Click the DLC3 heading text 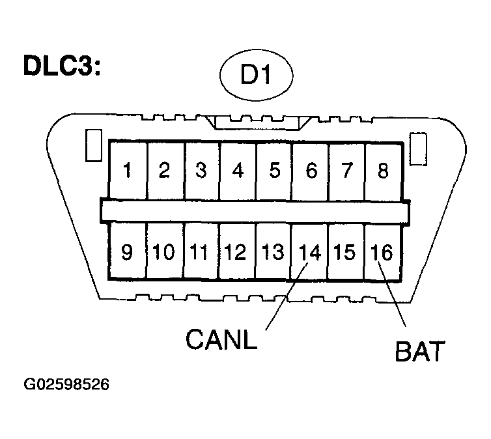coord(62,65)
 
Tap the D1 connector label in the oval coord(255,74)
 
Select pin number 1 coord(127,171)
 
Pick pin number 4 coord(238,171)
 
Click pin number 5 coord(275,171)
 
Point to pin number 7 coord(347,171)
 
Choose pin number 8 coord(383,171)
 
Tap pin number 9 coord(127,252)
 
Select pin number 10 coord(163,252)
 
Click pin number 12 coord(236,252)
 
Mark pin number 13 coord(273,252)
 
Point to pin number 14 coord(310,252)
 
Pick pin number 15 coord(344,252)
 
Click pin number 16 coord(382,252)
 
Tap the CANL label coord(221,339)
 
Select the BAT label coord(420,351)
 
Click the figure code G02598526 coord(66,384)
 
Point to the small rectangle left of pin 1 coord(94,146)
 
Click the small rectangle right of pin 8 coord(418,149)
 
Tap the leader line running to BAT coord(392,294)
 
